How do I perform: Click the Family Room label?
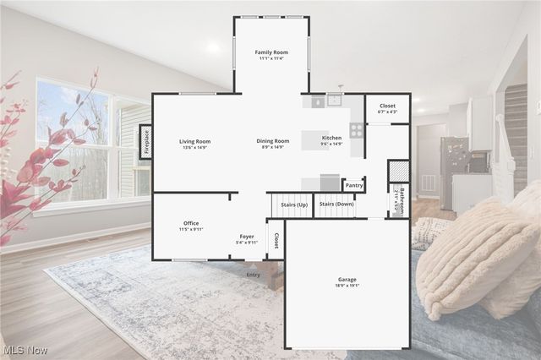(272, 52)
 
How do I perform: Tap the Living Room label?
(195, 141)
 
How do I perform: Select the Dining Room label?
(273, 141)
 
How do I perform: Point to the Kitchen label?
(332, 137)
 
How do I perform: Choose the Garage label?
(347, 279)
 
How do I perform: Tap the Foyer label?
(247, 237)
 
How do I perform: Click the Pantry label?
(354, 185)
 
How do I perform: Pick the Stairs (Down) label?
(336, 204)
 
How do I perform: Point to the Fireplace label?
(145, 142)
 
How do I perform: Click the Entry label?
(254, 275)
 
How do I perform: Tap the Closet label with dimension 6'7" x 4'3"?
(387, 106)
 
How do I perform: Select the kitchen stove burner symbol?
(357, 130)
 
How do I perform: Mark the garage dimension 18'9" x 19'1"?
(347, 286)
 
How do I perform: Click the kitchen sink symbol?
(335, 101)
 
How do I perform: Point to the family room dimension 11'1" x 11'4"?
(272, 59)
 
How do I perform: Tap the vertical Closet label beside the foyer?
(276, 239)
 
